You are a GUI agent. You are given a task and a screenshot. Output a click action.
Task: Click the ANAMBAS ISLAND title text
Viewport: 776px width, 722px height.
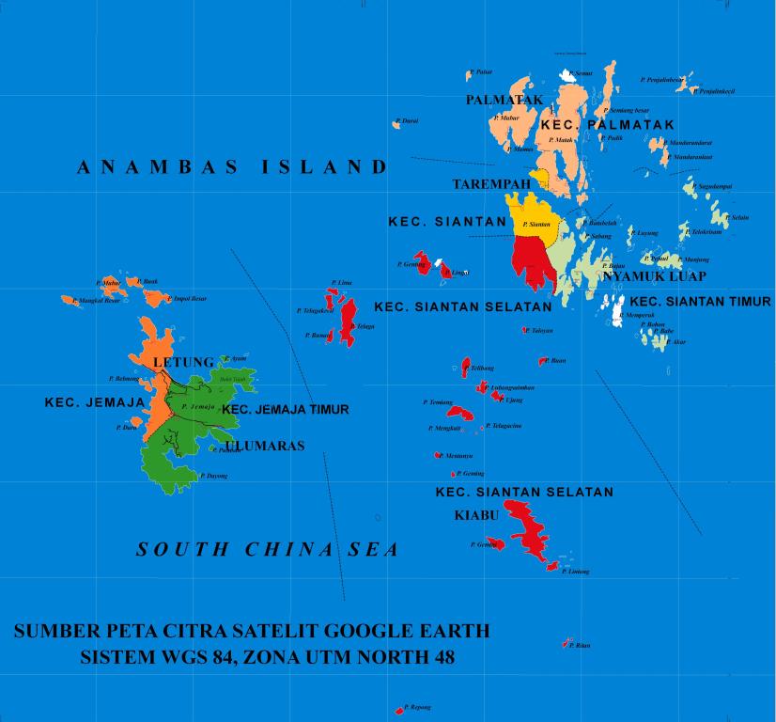231,168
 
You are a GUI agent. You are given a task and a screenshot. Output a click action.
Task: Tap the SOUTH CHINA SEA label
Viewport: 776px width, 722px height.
268,550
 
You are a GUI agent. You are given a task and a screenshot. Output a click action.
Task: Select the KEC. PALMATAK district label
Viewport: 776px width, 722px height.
608,125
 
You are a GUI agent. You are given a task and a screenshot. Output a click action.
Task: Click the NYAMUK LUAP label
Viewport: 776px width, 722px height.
654,277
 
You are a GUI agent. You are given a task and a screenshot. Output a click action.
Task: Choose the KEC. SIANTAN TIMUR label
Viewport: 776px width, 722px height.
700,302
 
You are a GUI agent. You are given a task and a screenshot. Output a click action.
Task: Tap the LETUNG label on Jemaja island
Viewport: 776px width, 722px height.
183,362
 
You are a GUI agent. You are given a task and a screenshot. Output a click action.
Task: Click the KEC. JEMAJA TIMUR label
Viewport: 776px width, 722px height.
285,410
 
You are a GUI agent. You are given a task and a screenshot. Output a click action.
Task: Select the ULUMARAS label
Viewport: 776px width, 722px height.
265,446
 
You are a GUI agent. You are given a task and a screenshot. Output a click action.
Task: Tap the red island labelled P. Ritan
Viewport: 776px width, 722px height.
566,644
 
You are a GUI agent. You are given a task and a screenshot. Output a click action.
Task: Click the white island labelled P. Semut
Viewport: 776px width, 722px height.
566,74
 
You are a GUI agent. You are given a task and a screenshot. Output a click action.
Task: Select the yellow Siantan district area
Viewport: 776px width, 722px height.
532,214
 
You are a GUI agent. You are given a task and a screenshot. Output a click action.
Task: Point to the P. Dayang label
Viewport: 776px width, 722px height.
217,476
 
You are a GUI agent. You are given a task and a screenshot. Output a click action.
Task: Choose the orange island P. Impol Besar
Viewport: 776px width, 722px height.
155,299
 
